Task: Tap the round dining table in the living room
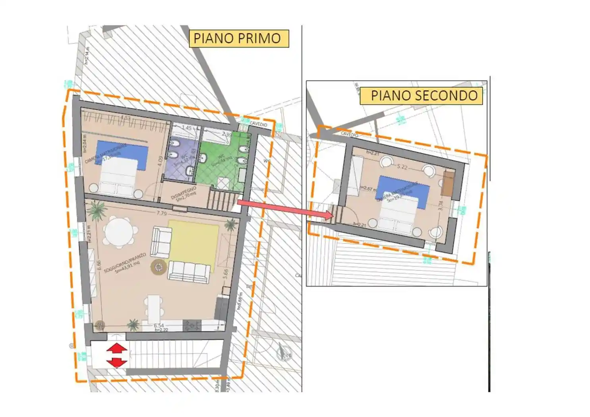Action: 119,232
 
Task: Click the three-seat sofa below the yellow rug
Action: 189,272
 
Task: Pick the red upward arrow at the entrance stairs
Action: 116,349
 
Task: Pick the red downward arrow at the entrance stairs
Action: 116,362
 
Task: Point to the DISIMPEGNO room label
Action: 184,194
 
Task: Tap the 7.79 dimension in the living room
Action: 162,213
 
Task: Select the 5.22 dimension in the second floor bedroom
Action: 402,167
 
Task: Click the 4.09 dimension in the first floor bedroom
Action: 160,161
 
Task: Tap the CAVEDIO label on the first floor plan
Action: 259,125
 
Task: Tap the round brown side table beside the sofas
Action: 158,267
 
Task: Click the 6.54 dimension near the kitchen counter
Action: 159,326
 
